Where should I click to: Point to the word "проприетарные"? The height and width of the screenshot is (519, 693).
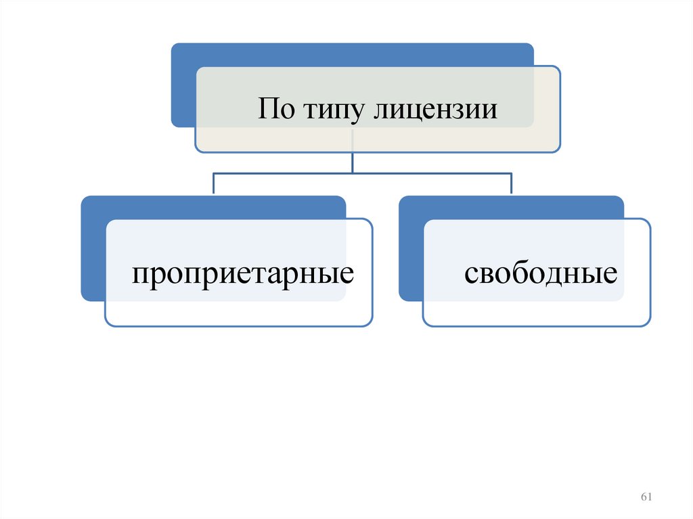coord(243,275)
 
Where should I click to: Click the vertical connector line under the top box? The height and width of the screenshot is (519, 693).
coord(353,162)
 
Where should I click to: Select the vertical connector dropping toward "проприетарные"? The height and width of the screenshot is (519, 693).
coord(214,184)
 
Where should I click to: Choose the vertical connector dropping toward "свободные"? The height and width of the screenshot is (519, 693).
coord(511,184)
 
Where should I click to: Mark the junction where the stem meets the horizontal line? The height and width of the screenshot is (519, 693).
coord(353,173)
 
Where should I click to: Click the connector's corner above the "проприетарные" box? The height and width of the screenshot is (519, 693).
coord(214,174)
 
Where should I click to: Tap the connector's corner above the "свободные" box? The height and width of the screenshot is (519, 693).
coord(511,174)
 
